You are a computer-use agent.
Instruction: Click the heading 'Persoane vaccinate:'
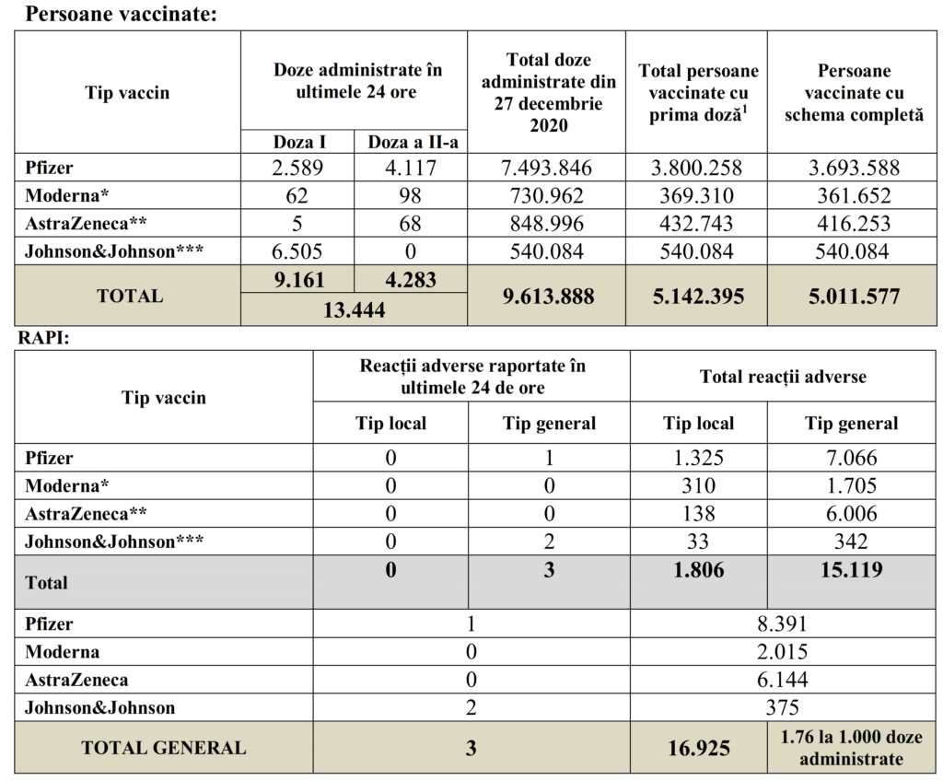(121, 14)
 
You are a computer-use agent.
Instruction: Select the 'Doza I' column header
(299, 142)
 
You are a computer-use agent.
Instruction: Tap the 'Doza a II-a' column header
(411, 142)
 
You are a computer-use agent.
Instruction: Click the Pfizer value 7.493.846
(546, 168)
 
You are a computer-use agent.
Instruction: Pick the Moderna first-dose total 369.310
(697, 195)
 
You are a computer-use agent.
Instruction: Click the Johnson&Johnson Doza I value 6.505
(299, 251)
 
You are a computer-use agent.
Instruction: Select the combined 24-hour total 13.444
(354, 310)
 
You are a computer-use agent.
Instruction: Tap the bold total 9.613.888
(546, 296)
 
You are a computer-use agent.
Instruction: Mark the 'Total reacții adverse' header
(783, 376)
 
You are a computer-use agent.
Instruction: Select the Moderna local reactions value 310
(700, 485)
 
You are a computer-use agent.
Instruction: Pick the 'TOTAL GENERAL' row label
(164, 747)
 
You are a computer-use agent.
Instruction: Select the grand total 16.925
(700, 747)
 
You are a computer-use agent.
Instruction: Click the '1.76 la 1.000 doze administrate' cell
(852, 747)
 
